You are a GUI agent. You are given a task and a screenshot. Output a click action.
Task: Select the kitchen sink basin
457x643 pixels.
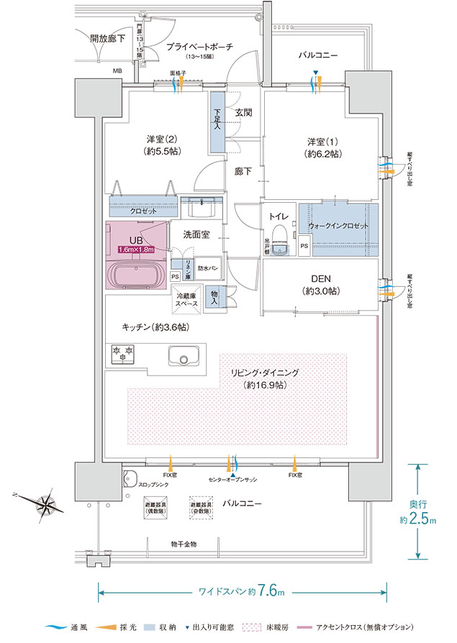pyautogui.click(x=184, y=356)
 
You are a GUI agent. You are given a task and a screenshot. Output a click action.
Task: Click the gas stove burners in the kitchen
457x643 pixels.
pyautogui.click(x=122, y=353)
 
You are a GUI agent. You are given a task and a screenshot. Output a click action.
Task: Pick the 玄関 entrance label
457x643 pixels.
pyautogui.click(x=243, y=112)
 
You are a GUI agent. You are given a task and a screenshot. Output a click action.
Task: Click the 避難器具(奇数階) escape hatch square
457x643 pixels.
pyautogui.click(x=202, y=508)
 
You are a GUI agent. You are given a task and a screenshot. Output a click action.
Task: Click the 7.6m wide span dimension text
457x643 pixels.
pyautogui.click(x=270, y=592)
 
